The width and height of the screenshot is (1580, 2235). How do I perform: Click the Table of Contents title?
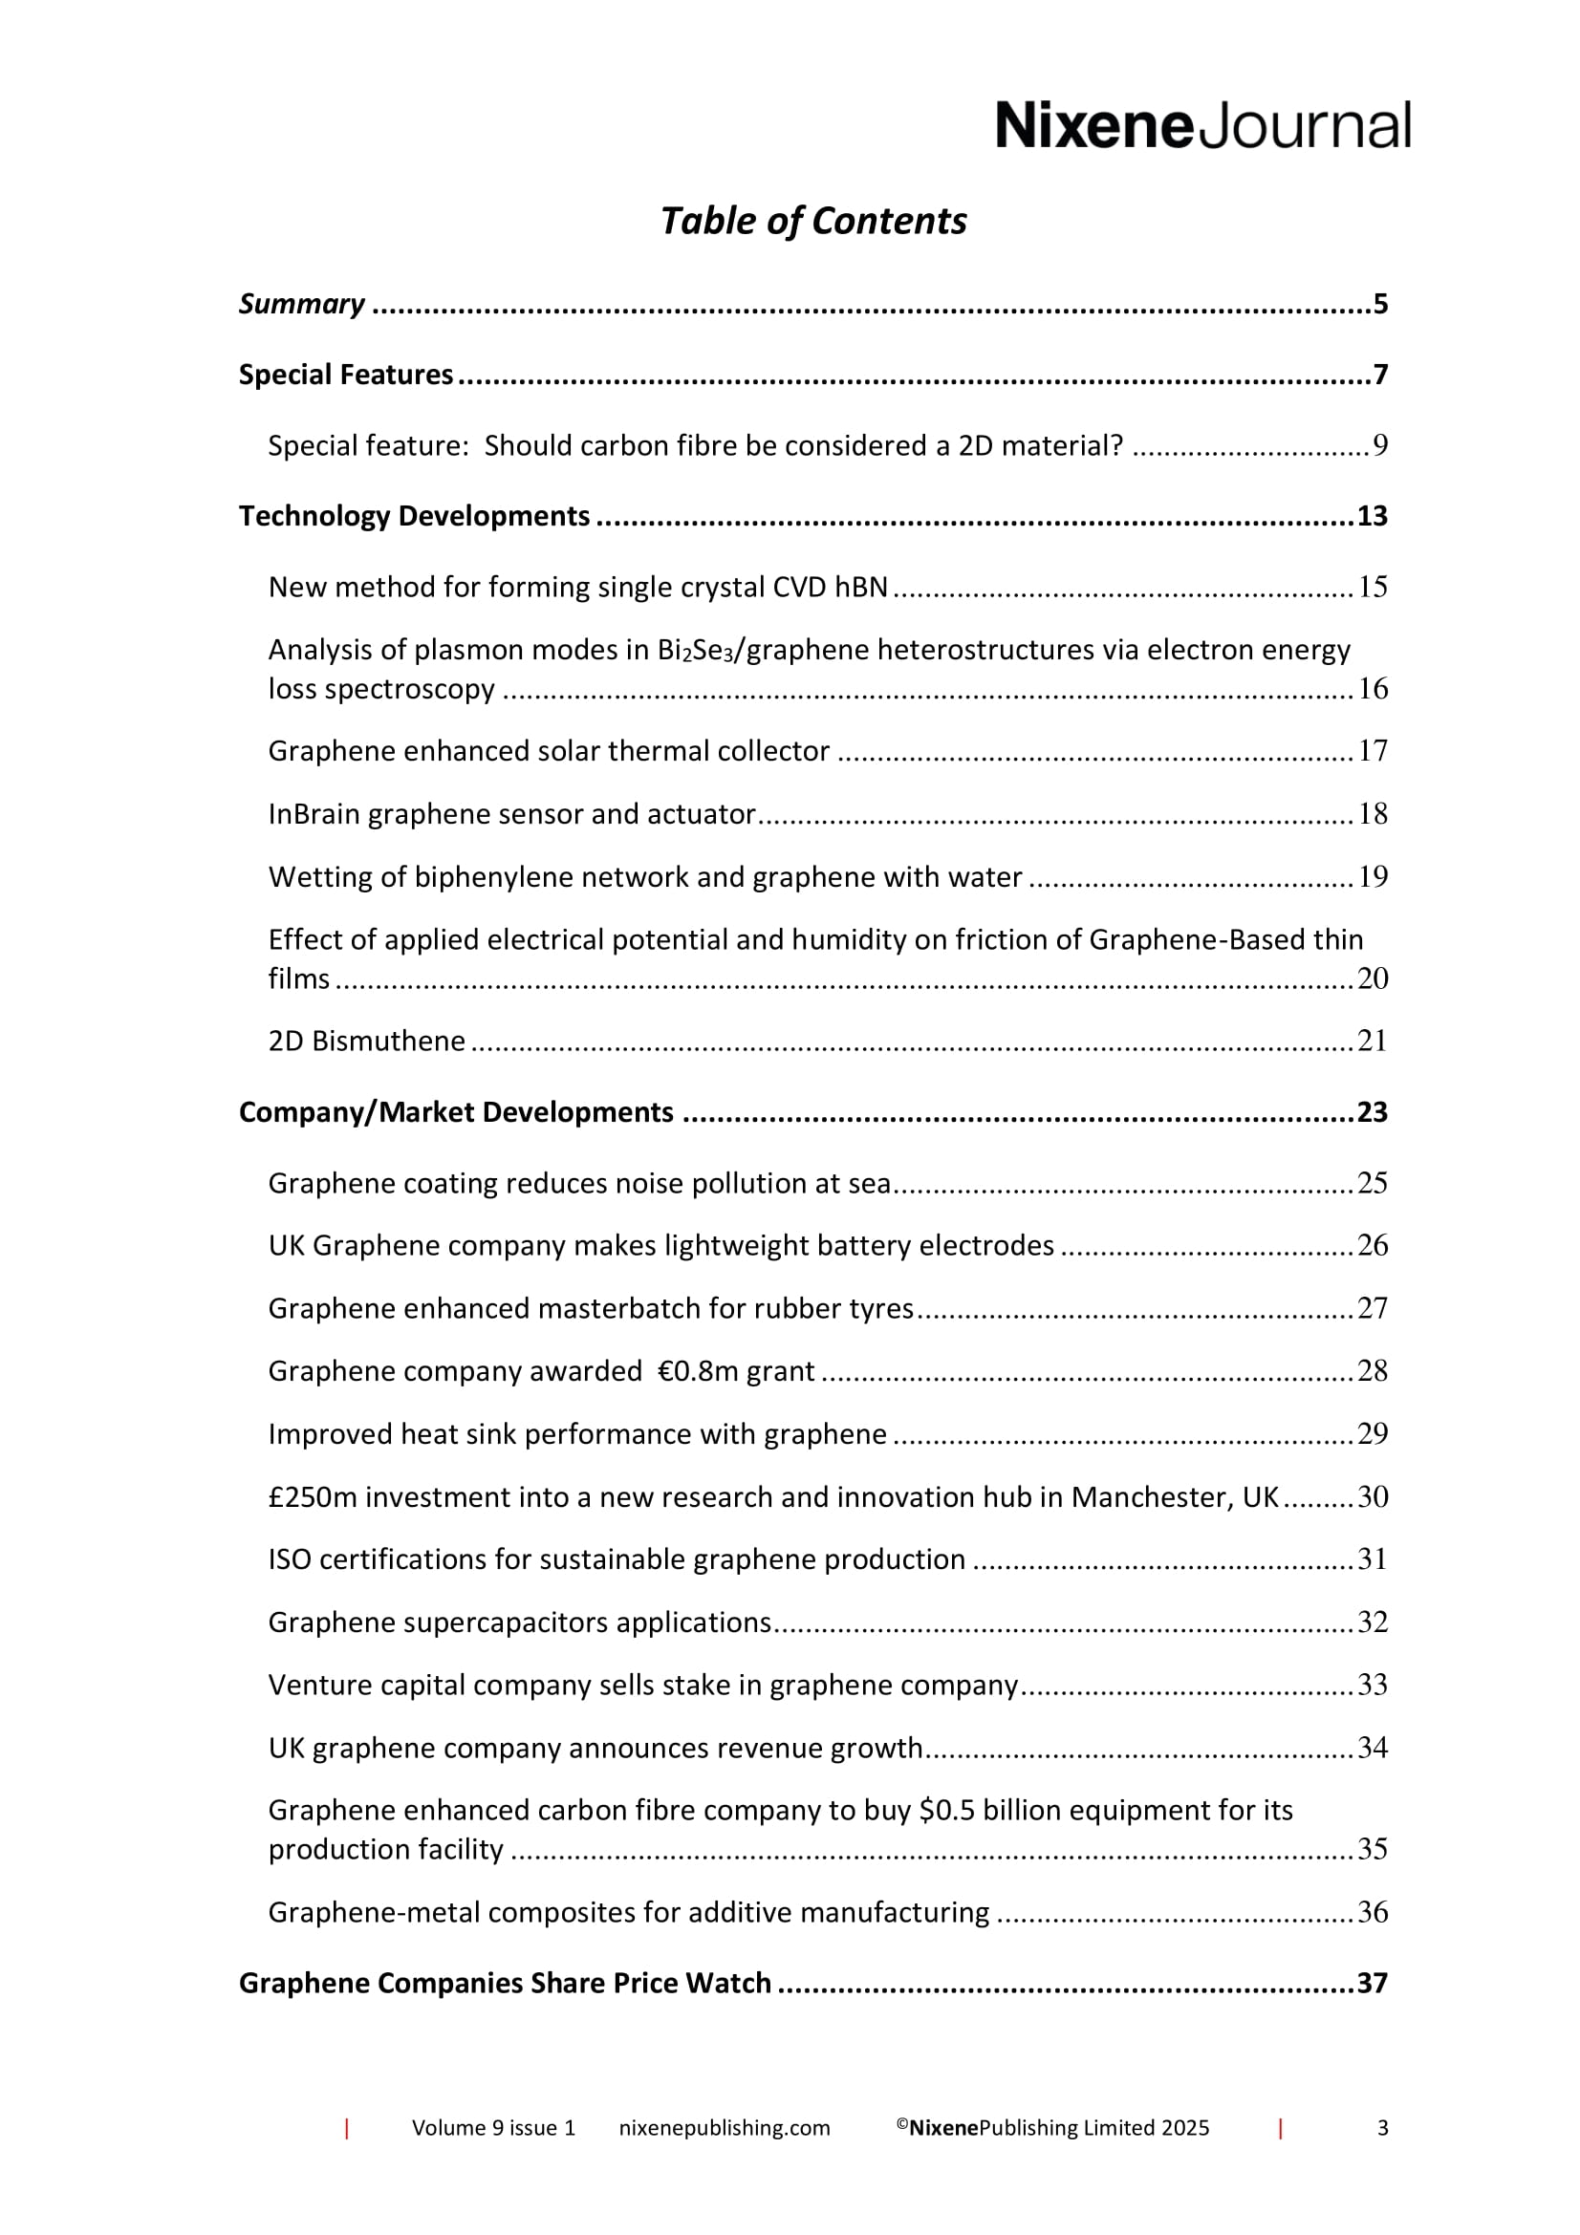pos(812,221)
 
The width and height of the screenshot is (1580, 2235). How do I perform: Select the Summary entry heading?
pos(302,304)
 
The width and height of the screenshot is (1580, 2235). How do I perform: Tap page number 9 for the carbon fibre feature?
pos(1379,445)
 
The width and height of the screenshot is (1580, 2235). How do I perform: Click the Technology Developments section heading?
pos(415,516)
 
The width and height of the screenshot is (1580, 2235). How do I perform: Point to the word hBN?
pos(860,587)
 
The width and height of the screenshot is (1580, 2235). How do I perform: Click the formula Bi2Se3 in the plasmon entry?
pos(694,651)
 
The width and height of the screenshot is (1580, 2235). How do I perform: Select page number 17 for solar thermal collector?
pos(1373,750)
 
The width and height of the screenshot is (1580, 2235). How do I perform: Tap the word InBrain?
pos(314,814)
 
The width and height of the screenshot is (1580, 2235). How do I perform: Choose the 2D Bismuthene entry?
pos(367,1042)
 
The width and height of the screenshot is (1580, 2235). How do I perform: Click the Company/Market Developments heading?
pos(456,1111)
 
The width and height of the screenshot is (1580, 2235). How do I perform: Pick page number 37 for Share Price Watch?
pos(1372,1983)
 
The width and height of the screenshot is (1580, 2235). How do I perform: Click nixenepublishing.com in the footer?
pos(725,2128)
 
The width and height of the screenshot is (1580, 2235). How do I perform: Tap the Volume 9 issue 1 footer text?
pos(493,2128)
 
